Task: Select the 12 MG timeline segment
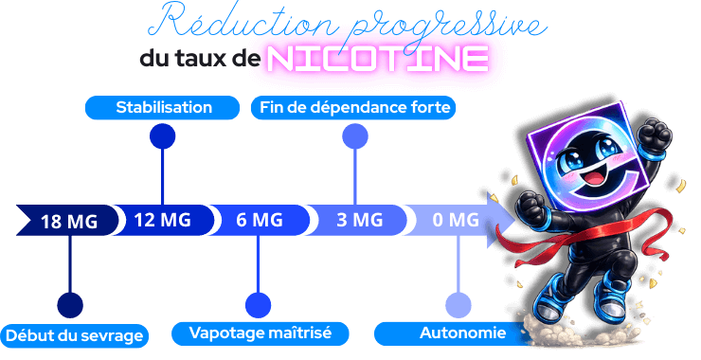click(x=162, y=221)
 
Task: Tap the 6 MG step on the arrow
click(x=259, y=221)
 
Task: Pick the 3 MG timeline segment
click(x=359, y=221)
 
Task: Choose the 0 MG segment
click(x=455, y=221)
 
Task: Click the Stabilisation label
click(x=164, y=107)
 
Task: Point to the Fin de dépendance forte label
click(x=354, y=107)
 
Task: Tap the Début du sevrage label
click(x=75, y=334)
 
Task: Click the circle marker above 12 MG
click(x=163, y=137)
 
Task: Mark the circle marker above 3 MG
click(x=355, y=137)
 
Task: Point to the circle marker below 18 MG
click(x=69, y=305)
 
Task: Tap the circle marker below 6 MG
click(x=258, y=305)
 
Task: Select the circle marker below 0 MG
click(x=458, y=305)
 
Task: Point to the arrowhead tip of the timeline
click(x=512, y=221)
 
